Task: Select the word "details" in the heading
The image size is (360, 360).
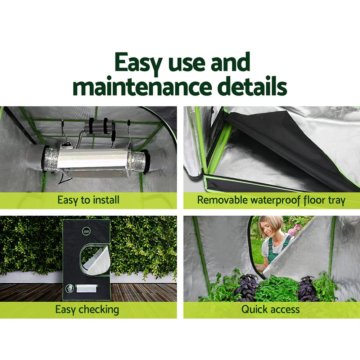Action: pyautogui.click(x=252, y=87)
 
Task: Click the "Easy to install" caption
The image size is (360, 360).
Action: pyautogui.click(x=88, y=200)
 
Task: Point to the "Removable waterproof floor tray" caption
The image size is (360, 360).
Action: pyautogui.click(x=271, y=200)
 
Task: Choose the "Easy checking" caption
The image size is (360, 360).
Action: pyautogui.click(x=87, y=309)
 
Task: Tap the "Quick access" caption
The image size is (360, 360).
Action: pyautogui.click(x=270, y=309)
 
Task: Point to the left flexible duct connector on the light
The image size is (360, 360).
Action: pyautogui.click(x=49, y=158)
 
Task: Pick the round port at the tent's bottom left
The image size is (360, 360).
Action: pyautogui.click(x=70, y=288)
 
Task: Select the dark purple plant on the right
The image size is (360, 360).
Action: pyautogui.click(x=308, y=288)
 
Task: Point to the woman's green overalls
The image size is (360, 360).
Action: pyautogui.click(x=275, y=252)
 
